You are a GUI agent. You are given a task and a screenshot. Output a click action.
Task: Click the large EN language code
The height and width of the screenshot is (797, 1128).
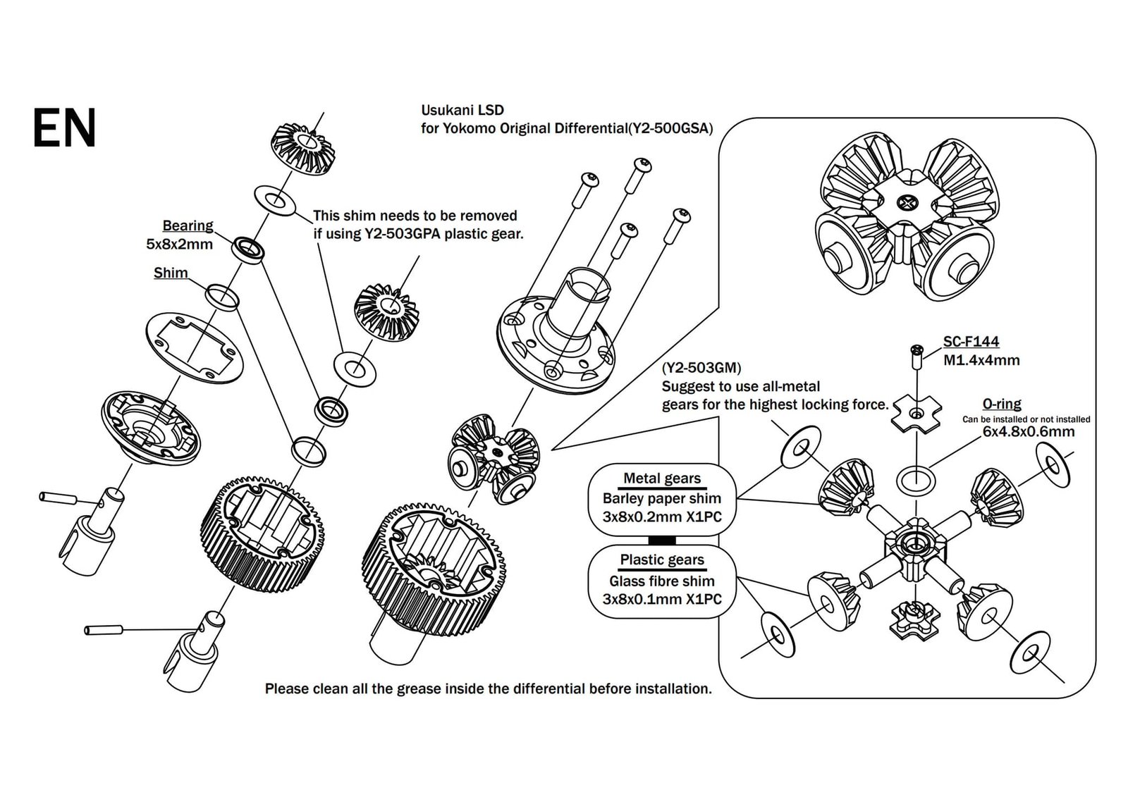[64, 129]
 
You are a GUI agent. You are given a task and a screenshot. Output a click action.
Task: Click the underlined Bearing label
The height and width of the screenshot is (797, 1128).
[188, 225]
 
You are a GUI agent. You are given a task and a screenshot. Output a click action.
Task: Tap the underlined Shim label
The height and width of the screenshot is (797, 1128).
[171, 273]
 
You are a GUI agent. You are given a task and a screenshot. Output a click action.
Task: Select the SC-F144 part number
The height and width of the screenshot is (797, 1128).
[971, 342]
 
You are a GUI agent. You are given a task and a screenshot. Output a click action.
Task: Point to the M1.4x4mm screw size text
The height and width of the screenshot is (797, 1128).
[981, 360]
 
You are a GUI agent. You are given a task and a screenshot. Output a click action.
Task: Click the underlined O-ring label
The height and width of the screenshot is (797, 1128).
[1002, 404]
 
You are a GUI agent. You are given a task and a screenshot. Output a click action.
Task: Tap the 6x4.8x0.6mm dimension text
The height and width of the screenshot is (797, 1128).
[1029, 431]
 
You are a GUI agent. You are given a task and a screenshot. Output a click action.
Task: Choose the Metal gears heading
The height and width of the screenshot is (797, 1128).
[662, 478]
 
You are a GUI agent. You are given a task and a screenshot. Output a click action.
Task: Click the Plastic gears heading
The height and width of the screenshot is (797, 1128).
[662, 560]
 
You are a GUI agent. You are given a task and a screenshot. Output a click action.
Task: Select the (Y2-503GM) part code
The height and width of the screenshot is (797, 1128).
[701, 368]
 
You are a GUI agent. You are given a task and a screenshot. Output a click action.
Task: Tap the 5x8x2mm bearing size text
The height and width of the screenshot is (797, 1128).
[179, 245]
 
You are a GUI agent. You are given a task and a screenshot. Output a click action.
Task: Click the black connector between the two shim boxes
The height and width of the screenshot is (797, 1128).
[661, 540]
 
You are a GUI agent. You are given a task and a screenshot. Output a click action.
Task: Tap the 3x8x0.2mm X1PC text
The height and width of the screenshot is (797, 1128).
[662, 517]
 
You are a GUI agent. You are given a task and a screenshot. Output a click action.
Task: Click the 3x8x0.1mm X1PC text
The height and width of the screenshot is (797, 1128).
[662, 600]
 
